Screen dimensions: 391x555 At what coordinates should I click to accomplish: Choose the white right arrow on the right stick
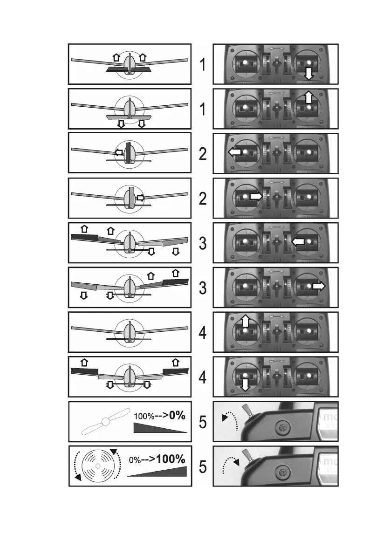[319, 286]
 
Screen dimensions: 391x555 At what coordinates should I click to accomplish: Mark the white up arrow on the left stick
[245, 321]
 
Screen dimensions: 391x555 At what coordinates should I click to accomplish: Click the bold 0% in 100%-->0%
[178, 416]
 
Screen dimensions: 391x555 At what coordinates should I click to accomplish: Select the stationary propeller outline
[106, 421]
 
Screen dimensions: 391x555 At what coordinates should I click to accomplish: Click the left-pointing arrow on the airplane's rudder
[119, 152]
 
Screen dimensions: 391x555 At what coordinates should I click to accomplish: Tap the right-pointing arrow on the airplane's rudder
[140, 198]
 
